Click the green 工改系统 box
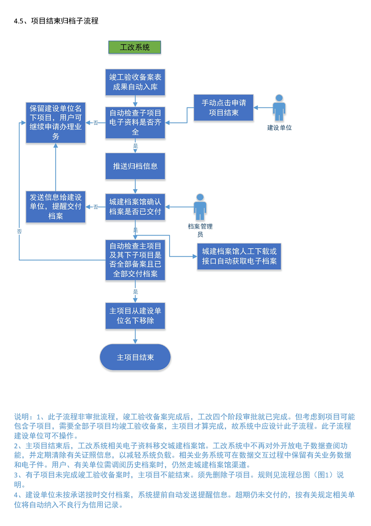coord(135,47)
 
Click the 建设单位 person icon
coord(279,108)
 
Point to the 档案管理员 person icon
coord(200,207)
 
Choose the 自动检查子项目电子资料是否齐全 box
coord(135,122)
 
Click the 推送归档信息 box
coord(135,166)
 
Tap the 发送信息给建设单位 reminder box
coord(56,207)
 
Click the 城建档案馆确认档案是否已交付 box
coord(135,207)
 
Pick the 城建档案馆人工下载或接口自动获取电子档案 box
coord(239,256)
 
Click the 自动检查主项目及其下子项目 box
coord(135,259)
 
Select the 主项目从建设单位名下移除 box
coord(135,316)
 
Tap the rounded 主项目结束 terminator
coord(135,357)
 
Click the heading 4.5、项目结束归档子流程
coord(56,21)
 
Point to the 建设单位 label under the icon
coord(279,128)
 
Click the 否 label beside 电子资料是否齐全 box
coord(96,123)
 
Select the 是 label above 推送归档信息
coord(135,146)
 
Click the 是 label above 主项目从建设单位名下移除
coord(135,291)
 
